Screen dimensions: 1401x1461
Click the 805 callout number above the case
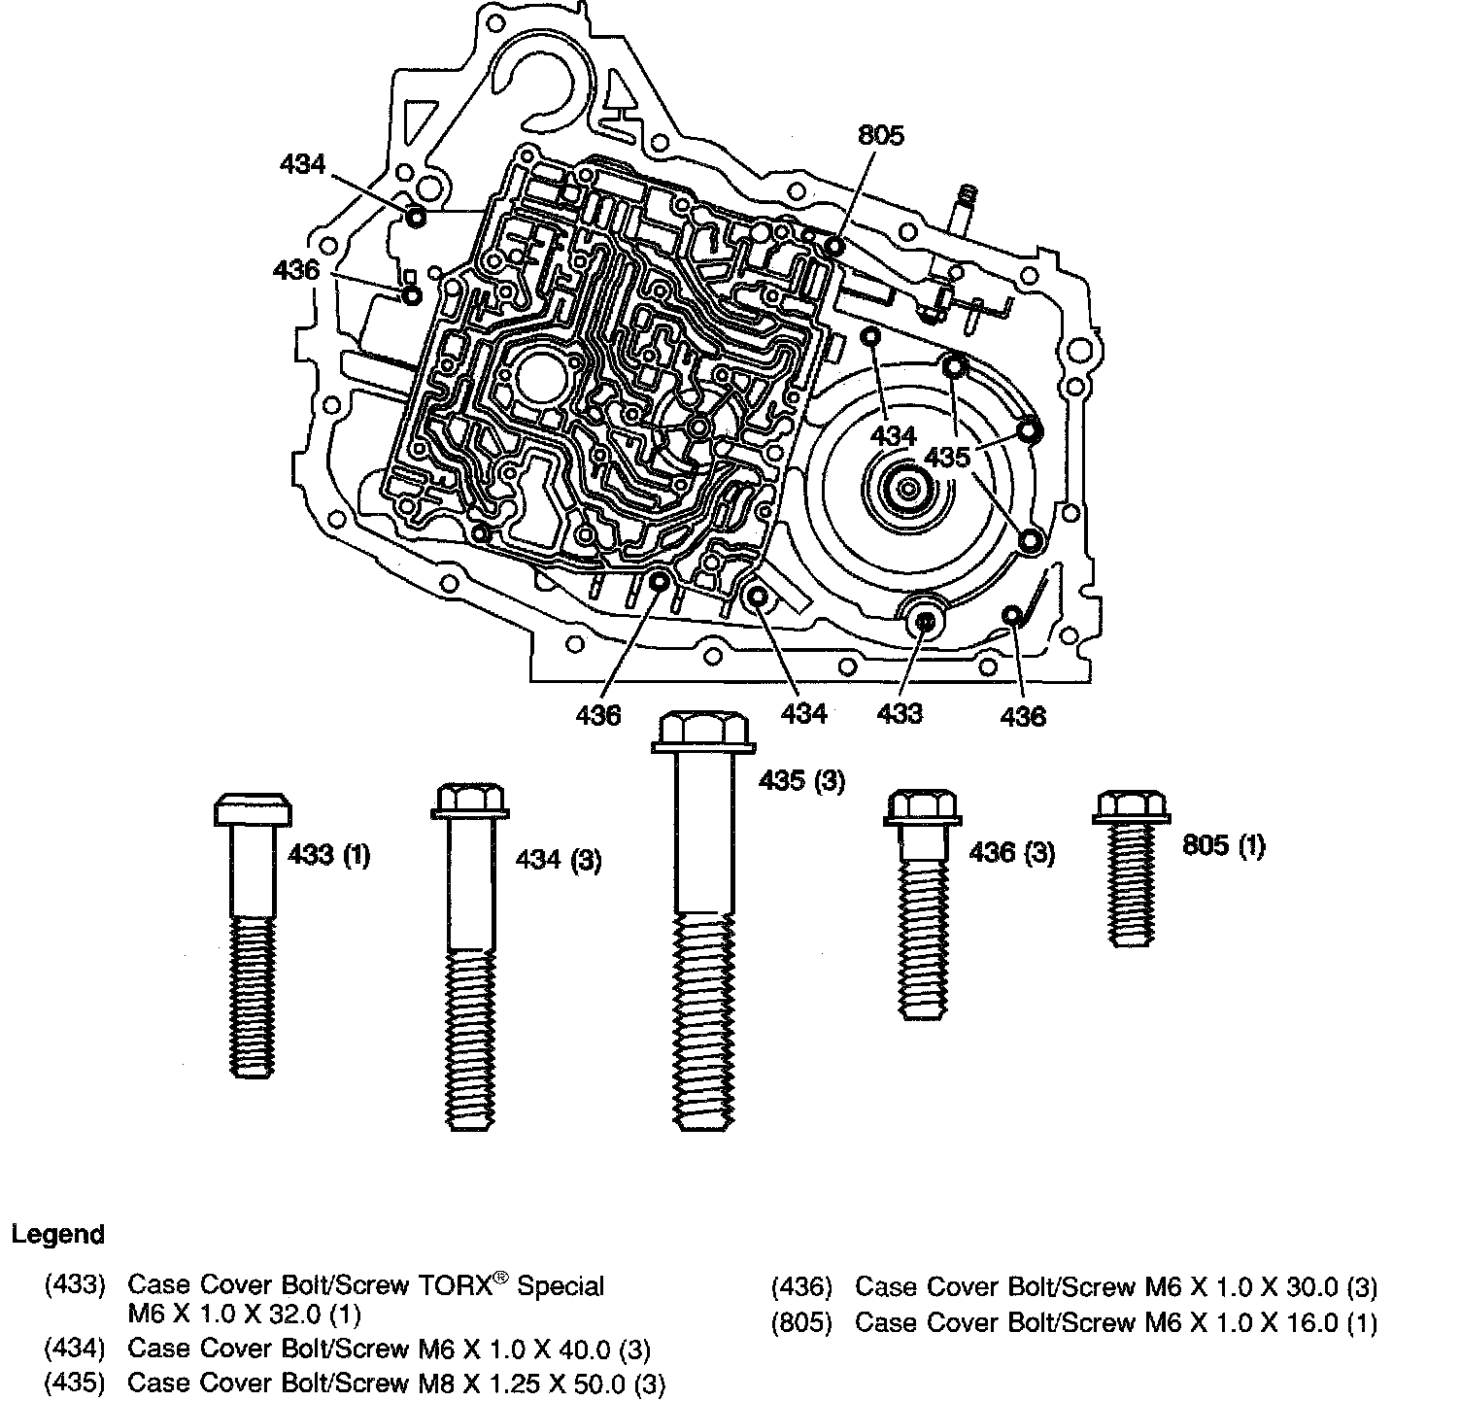pyautogui.click(x=880, y=135)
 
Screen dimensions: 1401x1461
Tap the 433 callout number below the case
pyautogui.click(x=899, y=714)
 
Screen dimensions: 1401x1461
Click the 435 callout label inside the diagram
pyautogui.click(x=947, y=457)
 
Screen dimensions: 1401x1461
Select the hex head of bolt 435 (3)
pyautogui.click(x=702, y=731)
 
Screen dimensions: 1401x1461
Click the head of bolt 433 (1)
pyautogui.click(x=252, y=809)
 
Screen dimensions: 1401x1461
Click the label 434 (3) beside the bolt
pyautogui.click(x=558, y=860)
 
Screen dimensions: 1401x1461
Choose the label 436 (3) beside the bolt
pyautogui.click(x=1011, y=853)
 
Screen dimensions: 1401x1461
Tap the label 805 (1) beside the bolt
pyautogui.click(x=1223, y=846)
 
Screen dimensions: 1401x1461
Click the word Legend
pyautogui.click(x=57, y=1235)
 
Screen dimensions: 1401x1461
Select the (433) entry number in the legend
pyautogui.click(x=74, y=1286)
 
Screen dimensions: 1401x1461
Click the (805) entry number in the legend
pyautogui.click(x=801, y=1323)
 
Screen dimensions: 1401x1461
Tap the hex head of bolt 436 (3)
pyautogui.click(x=921, y=808)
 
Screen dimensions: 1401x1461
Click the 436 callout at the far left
pyautogui.click(x=296, y=269)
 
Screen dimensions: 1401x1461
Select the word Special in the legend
pyautogui.click(x=561, y=1286)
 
